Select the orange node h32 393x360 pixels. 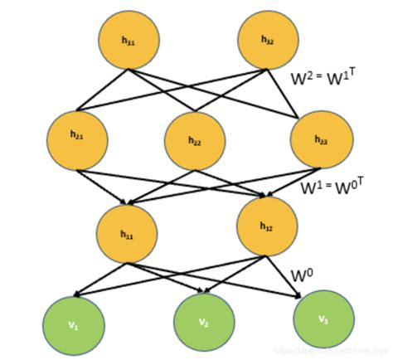point(266,40)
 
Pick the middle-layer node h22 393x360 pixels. point(194,140)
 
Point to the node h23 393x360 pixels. point(320,138)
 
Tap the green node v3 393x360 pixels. point(323,318)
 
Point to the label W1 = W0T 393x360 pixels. point(337,183)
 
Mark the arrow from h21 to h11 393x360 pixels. point(103,186)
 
